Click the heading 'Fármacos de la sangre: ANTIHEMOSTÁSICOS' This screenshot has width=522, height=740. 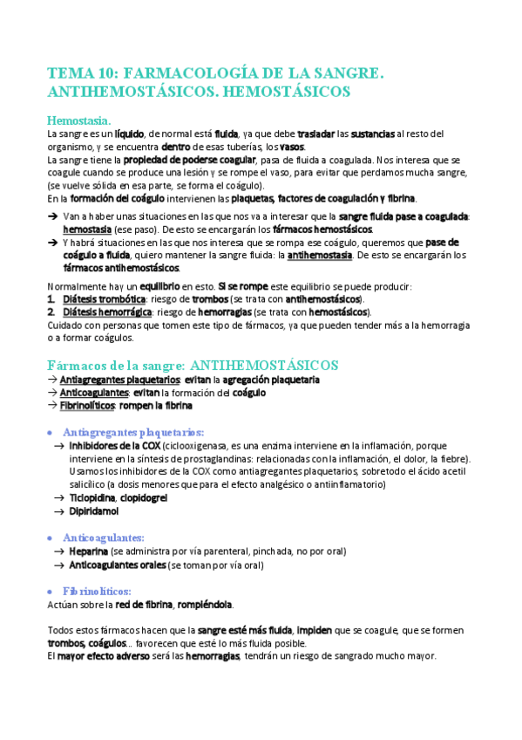pyautogui.click(x=193, y=364)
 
